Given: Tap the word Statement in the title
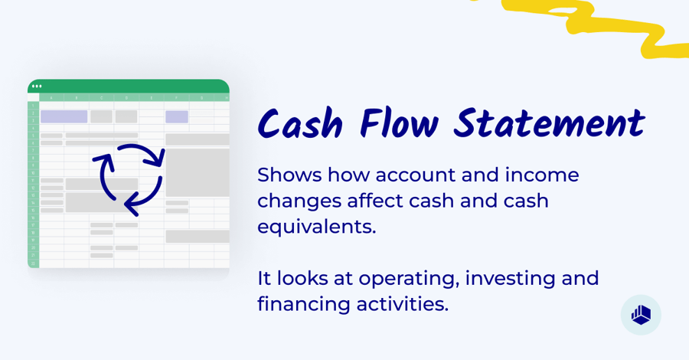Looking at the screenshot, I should (548, 125).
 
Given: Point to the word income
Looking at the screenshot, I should (542, 175).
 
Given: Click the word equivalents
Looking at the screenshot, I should (316, 227).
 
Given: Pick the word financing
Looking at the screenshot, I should (304, 304).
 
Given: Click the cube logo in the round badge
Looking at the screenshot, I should (641, 315).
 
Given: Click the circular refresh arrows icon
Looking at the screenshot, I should (128, 179).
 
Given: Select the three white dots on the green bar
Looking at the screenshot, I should (37, 86).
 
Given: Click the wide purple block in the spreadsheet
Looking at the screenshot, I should (64, 116).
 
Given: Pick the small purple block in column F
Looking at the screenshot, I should (177, 116).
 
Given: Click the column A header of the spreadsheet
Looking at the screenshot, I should (51, 98).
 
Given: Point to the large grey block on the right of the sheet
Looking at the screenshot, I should (198, 172).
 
